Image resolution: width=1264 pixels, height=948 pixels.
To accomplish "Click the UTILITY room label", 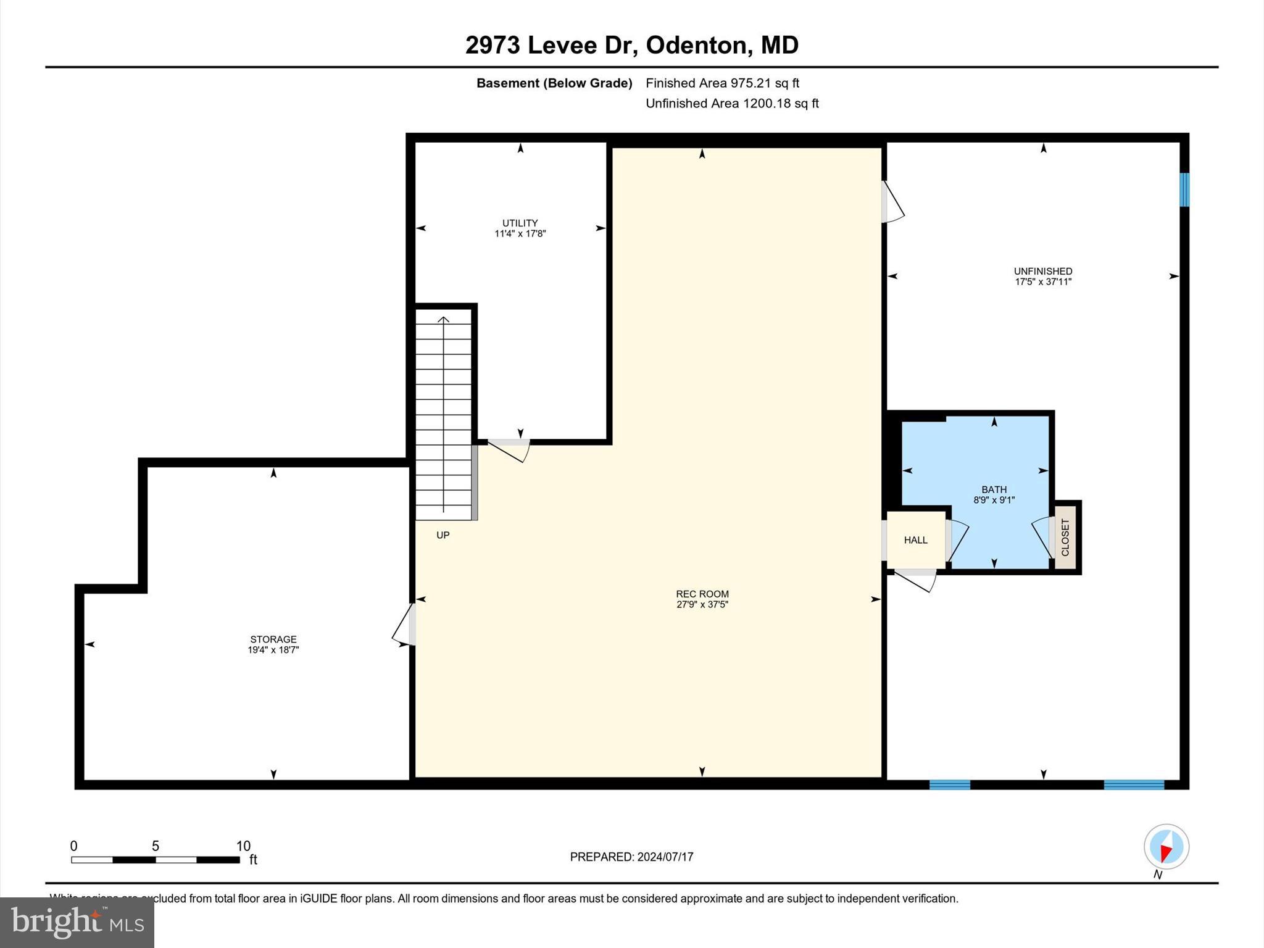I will (520, 223).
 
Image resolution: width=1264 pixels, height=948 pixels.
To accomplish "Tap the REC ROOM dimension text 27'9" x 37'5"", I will (702, 605).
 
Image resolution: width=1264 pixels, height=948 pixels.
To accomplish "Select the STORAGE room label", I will (273, 639).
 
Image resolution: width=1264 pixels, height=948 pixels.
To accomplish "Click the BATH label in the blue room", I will (994, 489).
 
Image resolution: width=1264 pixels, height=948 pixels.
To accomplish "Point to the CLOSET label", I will (1065, 537).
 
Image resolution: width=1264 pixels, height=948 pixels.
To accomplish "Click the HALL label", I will (915, 540).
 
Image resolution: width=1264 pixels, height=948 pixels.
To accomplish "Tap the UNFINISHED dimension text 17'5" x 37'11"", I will (1043, 282).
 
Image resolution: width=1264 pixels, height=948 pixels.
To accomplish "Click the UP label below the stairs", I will (443, 535).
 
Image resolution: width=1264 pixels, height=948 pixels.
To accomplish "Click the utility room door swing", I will (509, 451).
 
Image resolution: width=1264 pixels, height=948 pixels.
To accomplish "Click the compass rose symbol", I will (1166, 847).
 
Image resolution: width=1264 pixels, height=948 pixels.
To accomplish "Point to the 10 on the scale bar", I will (243, 846).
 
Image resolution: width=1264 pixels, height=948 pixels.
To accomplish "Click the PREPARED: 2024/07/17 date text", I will (631, 857).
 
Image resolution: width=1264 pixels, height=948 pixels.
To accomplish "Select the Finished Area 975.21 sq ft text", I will (722, 83).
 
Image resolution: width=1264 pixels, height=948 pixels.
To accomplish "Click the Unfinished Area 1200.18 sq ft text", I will (732, 103).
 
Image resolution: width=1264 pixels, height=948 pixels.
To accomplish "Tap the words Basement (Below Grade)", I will (554, 83).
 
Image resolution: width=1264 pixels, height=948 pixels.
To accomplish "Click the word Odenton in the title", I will (699, 45).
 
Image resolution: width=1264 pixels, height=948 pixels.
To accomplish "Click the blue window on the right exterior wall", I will (1184, 190).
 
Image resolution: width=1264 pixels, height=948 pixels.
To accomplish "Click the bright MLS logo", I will (77, 922).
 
